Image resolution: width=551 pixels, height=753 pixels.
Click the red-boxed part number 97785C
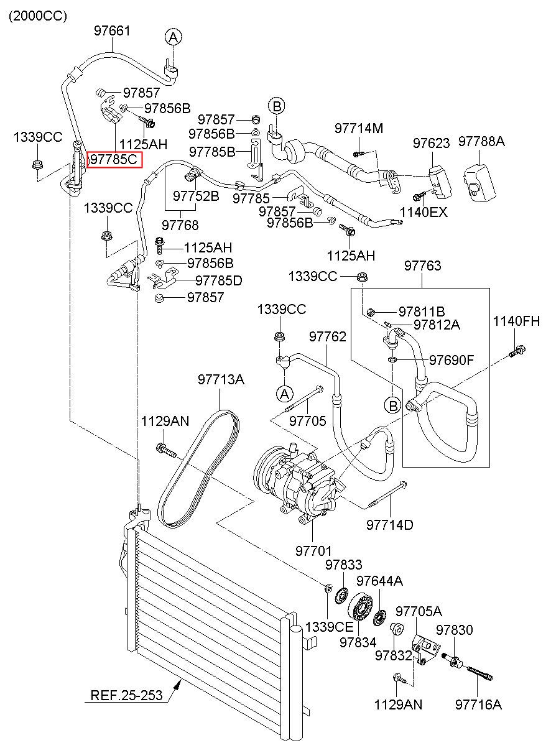click(x=114, y=159)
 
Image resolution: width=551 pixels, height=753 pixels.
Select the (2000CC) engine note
click(x=38, y=16)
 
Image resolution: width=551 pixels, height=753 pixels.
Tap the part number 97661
click(x=112, y=30)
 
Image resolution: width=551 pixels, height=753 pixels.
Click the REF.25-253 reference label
click(x=126, y=695)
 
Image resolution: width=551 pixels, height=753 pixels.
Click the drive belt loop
click(x=198, y=469)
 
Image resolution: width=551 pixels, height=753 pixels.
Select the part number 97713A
click(x=221, y=379)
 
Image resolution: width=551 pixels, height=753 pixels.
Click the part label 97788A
click(x=481, y=142)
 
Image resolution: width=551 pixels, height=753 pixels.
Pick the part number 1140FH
click(x=516, y=321)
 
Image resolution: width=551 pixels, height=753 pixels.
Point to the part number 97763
click(x=423, y=266)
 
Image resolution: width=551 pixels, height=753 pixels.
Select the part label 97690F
click(x=451, y=360)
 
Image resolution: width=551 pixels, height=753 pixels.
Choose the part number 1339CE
click(x=329, y=627)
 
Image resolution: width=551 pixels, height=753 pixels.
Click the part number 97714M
click(x=359, y=128)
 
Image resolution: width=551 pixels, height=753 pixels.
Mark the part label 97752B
click(x=196, y=196)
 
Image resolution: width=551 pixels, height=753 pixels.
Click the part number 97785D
click(x=219, y=280)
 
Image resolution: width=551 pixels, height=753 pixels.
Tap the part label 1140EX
click(x=424, y=212)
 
